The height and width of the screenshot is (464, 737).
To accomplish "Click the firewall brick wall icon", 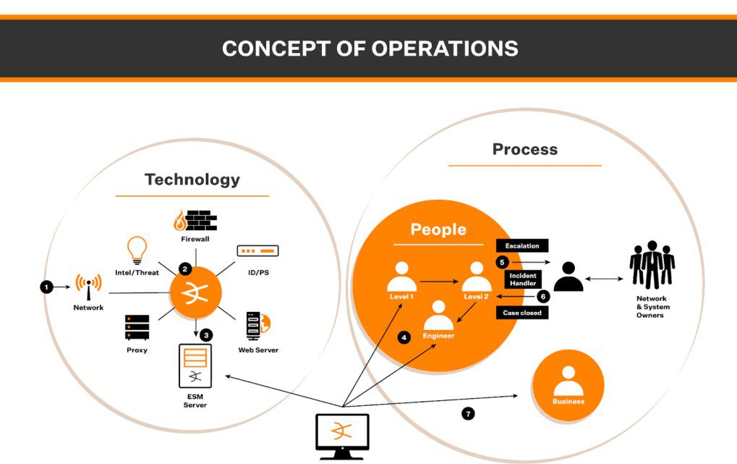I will pos(195,220).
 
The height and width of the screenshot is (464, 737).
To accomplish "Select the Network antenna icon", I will pos(88,287).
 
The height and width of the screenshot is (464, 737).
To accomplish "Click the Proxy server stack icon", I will pos(137,328).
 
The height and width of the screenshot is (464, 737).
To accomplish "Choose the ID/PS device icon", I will pos(257,251).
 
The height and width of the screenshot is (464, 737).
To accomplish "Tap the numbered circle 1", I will pos(46,287).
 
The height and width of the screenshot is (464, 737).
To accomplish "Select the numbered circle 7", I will pos(468,414).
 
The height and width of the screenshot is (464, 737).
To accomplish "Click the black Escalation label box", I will pos(522,246).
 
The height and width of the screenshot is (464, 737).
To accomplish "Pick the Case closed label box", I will pos(522,313).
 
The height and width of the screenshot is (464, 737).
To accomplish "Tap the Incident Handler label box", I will pos(522,279).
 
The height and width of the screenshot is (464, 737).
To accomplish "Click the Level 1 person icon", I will pos(401,277).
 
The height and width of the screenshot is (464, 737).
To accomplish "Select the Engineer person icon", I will pos(438,316).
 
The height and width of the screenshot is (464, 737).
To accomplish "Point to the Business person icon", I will pos(568,381).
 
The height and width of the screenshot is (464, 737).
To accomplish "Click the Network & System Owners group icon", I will pos(652,266).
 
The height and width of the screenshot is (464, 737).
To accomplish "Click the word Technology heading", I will pos(192,179).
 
